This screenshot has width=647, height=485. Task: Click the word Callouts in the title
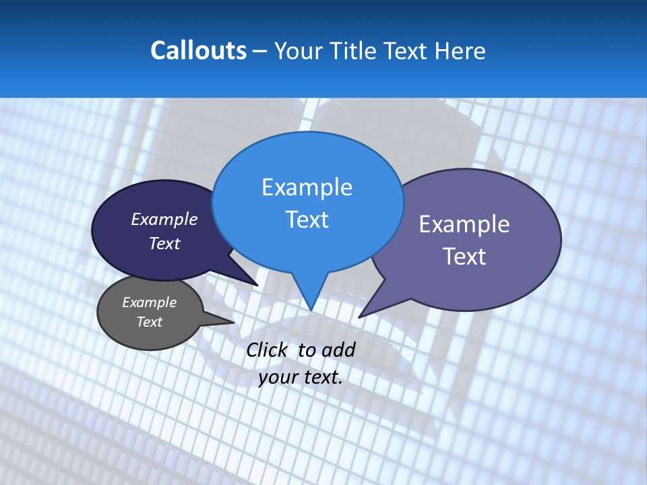point(198,51)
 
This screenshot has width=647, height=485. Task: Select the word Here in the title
point(460,51)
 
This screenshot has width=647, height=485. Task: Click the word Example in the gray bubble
point(149,302)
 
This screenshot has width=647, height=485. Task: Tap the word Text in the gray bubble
point(149,322)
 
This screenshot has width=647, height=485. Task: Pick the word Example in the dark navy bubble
point(164,219)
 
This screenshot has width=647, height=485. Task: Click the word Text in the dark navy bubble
point(164,243)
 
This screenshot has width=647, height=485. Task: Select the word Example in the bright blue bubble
point(307,187)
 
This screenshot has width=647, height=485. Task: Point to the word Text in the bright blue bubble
point(307,220)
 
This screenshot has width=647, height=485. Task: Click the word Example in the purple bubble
point(464,224)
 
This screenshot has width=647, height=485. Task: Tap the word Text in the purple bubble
point(464,257)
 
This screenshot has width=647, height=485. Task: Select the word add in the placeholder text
point(338,350)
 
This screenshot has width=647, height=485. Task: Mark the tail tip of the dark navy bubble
point(257,285)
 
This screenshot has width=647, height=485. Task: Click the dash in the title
point(261,51)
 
